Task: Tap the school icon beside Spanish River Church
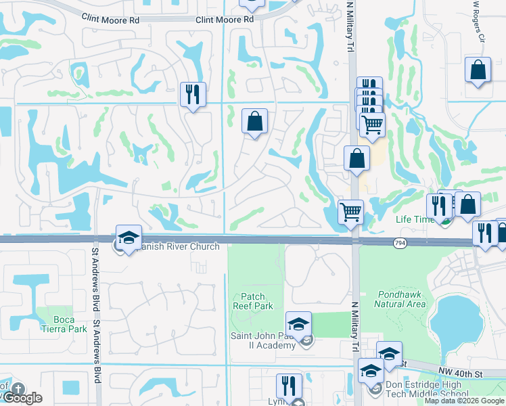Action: pyautogui.click(x=129, y=238)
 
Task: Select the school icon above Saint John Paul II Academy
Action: pyautogui.click(x=298, y=323)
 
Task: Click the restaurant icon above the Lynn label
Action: pyautogui.click(x=289, y=386)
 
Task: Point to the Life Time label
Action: pyautogui.click(x=414, y=219)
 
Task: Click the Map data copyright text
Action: pyautogui.click(x=465, y=401)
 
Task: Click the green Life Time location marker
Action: pyautogui.click(x=444, y=220)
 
